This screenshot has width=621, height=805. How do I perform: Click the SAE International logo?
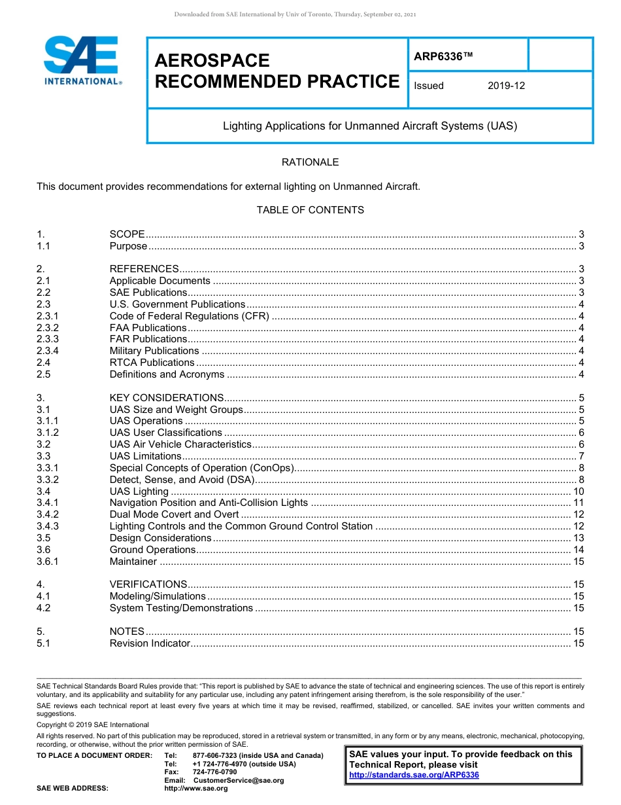pos(81,60)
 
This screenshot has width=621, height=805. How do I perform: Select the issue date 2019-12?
pos(506,86)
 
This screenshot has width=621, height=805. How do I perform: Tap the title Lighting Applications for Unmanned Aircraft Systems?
pos(369,126)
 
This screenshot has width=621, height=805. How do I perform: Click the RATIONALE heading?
pos(310,162)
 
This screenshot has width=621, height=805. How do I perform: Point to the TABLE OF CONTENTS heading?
pos(310,210)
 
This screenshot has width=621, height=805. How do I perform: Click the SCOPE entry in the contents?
pos(127,234)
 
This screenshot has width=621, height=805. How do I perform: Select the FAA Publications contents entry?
pos(148,328)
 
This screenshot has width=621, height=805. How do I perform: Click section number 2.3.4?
pos(48,351)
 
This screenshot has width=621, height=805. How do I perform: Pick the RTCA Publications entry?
pos(152,363)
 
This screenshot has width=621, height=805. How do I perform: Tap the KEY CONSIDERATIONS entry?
pos(167,398)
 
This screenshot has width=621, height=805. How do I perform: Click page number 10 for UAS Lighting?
pos(578,492)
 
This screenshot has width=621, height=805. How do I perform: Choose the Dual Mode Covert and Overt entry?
pos(174,514)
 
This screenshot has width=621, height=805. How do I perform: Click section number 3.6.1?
pos(48,562)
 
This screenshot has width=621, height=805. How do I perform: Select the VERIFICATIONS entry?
pos(148,584)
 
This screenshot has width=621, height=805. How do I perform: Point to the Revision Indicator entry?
pos(150,643)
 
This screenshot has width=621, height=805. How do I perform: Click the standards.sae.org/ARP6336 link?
pos(414,775)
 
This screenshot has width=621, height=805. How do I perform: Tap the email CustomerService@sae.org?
pos(239,780)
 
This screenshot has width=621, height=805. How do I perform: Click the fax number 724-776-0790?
pos(214,772)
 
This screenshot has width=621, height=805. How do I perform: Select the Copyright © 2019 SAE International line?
pos(93,724)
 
